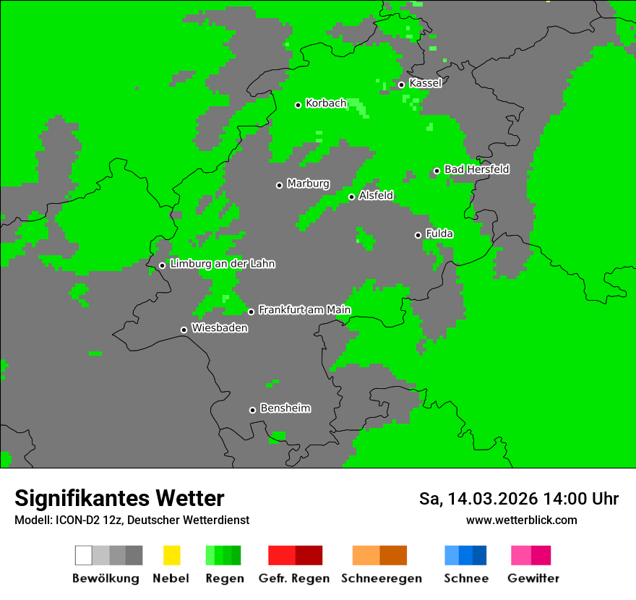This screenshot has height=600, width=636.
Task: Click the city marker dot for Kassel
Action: (x=401, y=85)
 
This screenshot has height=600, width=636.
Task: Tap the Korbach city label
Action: (x=326, y=103)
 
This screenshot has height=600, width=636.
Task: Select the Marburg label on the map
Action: (x=308, y=184)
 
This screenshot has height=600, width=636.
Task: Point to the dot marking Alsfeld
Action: (x=351, y=197)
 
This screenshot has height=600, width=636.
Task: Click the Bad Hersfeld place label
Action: (x=476, y=169)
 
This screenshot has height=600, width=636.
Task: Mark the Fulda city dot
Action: (x=418, y=235)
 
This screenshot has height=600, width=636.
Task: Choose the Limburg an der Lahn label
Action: (x=222, y=264)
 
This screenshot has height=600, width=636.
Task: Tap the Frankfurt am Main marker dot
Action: (x=251, y=312)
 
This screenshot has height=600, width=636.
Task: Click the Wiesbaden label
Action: (x=219, y=328)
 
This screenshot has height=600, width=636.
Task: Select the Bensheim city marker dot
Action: (x=252, y=410)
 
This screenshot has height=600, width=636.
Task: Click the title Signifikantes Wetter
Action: (x=119, y=498)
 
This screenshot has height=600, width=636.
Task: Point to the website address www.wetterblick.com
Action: (x=521, y=520)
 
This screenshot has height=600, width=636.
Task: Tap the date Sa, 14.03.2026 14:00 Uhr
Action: (x=518, y=499)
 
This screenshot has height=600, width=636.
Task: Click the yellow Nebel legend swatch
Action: (x=171, y=555)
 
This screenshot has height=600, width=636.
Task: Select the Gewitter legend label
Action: (x=533, y=578)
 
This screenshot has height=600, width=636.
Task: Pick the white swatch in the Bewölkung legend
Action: (x=84, y=555)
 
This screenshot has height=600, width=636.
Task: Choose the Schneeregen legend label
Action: (x=382, y=578)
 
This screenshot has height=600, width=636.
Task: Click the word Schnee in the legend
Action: (x=466, y=578)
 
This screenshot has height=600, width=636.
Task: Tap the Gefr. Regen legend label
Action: (x=294, y=578)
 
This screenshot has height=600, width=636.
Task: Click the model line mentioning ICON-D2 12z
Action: (x=132, y=520)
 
